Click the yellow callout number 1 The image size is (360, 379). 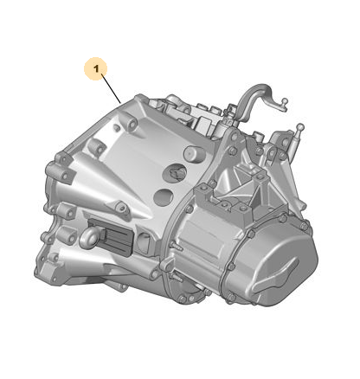96,68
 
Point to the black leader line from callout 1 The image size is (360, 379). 112,88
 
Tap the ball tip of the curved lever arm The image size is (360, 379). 285,101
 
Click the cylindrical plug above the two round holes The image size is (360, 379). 194,153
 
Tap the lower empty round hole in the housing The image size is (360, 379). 164,197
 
